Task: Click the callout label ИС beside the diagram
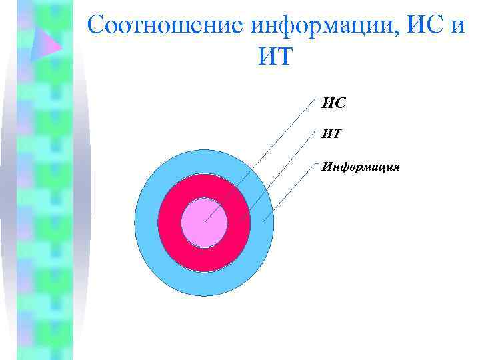pos(334,103)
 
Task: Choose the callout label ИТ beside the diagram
pos(332,134)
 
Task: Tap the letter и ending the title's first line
pos(463,26)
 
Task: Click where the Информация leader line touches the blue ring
pos(263,221)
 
